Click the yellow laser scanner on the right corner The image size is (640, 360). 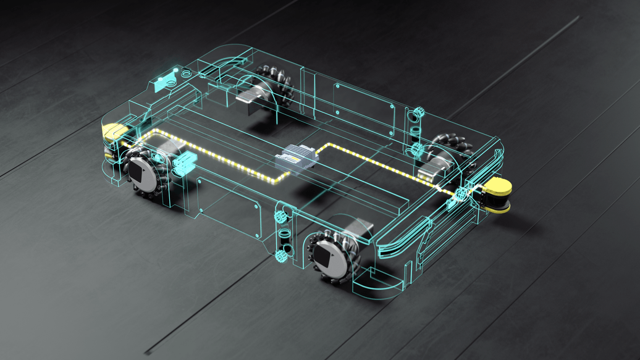(498, 195)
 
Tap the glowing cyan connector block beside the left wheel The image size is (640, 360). (183, 165)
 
